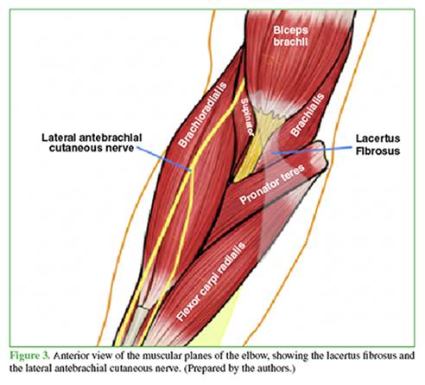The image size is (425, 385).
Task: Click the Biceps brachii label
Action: [290, 36]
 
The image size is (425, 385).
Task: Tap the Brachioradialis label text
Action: [202, 115]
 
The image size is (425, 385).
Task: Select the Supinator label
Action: [247, 117]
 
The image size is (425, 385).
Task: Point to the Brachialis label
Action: [308, 114]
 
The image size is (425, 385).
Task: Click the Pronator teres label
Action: [271, 184]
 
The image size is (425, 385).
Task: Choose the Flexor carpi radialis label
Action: [211, 281]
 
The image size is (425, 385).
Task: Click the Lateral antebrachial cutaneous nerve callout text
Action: [92, 143]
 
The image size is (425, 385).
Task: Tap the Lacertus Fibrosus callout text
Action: [377, 144]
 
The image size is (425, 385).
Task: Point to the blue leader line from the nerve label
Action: [164, 159]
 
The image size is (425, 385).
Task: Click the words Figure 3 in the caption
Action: [30, 356]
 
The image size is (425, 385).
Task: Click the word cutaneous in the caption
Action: [122, 369]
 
